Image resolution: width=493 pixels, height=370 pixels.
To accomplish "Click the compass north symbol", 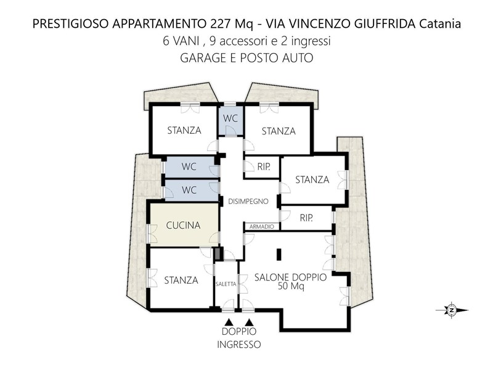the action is (452, 310).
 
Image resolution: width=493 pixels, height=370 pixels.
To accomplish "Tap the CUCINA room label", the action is (183, 225).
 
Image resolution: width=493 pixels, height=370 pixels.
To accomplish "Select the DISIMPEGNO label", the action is (248, 202).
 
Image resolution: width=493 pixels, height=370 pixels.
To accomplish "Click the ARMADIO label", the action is (261, 226).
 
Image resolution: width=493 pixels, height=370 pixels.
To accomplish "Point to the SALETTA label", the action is (226, 284).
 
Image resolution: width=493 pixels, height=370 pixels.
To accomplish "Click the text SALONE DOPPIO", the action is (290, 277).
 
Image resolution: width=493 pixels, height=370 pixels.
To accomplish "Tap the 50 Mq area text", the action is (291, 286).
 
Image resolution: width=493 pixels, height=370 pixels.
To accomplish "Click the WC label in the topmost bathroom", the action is (230, 118).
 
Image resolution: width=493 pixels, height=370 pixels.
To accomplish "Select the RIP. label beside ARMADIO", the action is (306, 218).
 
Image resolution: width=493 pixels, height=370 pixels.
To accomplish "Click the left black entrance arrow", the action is (229, 322).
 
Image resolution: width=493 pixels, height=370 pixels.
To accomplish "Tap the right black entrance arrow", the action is (250, 322).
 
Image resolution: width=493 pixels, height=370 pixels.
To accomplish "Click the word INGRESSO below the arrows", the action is (239, 345).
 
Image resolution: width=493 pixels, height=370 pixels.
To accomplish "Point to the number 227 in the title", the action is (220, 24).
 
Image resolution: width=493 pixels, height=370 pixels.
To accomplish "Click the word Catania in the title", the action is (441, 24).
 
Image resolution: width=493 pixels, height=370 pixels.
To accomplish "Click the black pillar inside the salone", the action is (279, 255).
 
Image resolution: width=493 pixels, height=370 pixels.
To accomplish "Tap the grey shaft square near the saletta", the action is (218, 254).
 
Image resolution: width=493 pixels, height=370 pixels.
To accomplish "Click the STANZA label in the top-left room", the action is (184, 130).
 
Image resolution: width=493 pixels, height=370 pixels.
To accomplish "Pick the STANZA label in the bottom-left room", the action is (181, 281).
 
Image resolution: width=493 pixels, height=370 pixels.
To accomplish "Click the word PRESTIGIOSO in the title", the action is (71, 24).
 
